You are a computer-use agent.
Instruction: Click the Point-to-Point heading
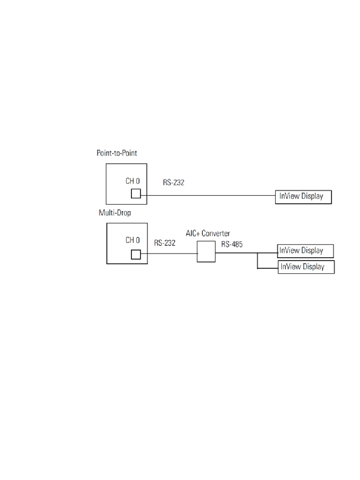(117, 153)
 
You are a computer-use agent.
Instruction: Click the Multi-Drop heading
(115, 213)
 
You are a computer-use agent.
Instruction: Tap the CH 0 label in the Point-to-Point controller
(133, 181)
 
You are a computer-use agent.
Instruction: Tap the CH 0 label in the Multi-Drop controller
(133, 240)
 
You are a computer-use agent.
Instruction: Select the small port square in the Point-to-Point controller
(136, 194)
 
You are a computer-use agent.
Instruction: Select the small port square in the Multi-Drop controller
(136, 255)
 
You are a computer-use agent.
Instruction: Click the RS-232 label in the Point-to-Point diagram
(174, 182)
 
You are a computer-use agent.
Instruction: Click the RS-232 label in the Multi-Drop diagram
(165, 243)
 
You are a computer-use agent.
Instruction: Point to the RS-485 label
(232, 244)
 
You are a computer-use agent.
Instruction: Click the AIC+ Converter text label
(208, 233)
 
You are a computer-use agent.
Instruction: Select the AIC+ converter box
(206, 252)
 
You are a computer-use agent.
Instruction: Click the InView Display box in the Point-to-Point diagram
(304, 197)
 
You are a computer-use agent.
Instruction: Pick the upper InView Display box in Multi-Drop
(305, 251)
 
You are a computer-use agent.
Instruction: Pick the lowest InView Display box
(306, 267)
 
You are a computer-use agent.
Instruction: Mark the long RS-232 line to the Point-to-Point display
(208, 195)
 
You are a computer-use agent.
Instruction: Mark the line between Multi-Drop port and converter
(169, 254)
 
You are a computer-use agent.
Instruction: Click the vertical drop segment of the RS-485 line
(257, 261)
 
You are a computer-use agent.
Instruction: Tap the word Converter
(216, 233)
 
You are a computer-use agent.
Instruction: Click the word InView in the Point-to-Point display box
(290, 196)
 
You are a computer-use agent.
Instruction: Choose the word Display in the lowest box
(313, 267)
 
